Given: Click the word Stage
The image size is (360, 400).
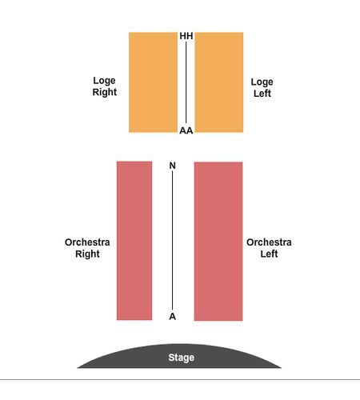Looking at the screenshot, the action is pyautogui.click(x=182, y=358).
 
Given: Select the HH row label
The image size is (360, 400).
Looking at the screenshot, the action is pyautogui.click(x=186, y=36).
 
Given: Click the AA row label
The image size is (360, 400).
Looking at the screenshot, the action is pyautogui.click(x=186, y=130).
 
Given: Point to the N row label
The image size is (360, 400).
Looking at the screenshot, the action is pyautogui.click(x=173, y=166).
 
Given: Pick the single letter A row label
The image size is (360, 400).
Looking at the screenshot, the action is pyautogui.click(x=173, y=317).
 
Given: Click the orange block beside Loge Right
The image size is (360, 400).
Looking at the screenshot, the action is pyautogui.click(x=153, y=82).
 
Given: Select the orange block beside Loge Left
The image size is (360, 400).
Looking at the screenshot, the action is pyautogui.click(x=219, y=82).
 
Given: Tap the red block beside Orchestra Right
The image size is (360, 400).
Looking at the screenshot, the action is pyautogui.click(x=134, y=241).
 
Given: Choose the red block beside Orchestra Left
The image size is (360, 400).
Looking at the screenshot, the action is pyautogui.click(x=218, y=241).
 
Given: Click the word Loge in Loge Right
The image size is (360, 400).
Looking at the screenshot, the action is pyautogui.click(x=104, y=81).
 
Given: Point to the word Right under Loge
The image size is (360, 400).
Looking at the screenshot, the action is pyautogui.click(x=105, y=92).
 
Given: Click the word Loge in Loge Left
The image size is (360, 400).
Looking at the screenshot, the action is pyautogui.click(x=262, y=82).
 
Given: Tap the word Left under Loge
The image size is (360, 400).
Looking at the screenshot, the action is pyautogui.click(x=262, y=94).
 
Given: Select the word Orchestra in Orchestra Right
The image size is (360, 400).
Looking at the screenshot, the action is pyautogui.click(x=87, y=242).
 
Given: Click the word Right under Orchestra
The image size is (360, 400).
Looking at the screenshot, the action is pyautogui.click(x=87, y=254).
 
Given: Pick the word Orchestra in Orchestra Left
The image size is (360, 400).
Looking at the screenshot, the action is pyautogui.click(x=269, y=242).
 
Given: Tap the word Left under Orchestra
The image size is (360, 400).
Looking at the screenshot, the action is pyautogui.click(x=269, y=254).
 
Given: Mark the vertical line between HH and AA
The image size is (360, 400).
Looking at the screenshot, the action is pyautogui.click(x=186, y=82).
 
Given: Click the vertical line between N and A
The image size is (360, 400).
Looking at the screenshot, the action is pyautogui.click(x=172, y=240).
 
